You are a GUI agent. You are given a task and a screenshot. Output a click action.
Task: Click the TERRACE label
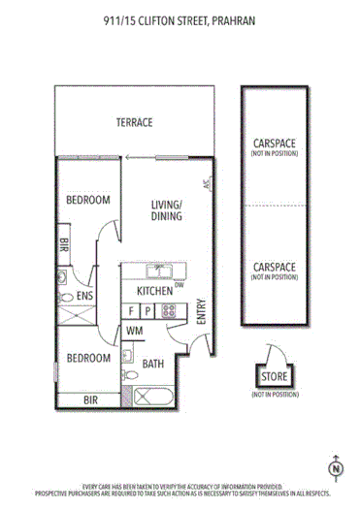tap(135, 122)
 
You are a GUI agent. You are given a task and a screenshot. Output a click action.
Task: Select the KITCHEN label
tap(154, 290)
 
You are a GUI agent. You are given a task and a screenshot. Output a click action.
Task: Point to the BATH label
tap(153, 365)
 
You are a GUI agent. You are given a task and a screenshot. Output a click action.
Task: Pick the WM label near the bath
tap(134, 331)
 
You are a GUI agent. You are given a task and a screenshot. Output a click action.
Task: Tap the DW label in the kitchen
tap(180, 284)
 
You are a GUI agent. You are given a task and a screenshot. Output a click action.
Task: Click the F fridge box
tap(131, 311)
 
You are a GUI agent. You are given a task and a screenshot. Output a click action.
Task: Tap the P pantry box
tap(147, 311)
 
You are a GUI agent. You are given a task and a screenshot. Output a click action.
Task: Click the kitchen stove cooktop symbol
tap(168, 311)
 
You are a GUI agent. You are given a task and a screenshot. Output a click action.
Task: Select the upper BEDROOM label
tap(87, 200)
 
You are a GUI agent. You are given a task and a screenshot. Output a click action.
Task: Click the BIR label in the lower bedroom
tap(90, 398)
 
